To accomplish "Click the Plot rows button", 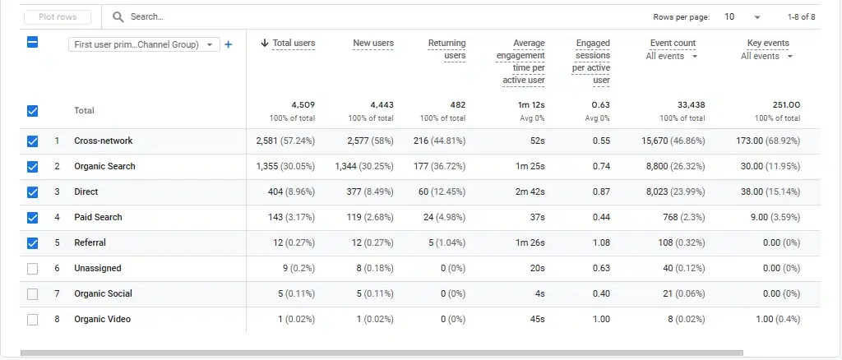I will point(58,16).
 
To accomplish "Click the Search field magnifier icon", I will point(118,16).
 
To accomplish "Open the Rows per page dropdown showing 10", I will point(743,16).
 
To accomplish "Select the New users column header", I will point(372,44).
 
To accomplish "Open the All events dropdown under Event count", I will point(672,57).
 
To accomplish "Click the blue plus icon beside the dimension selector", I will point(229,44).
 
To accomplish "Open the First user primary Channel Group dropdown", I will point(144,45).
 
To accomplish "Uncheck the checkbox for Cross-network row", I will point(33,141).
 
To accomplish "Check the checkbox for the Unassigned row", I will point(33,269).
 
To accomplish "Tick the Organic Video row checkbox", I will point(33,320).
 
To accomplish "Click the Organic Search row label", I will point(104,167).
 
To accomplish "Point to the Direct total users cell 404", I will point(286,192).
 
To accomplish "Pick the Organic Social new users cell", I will point(373,294).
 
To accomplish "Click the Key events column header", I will point(768,44).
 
